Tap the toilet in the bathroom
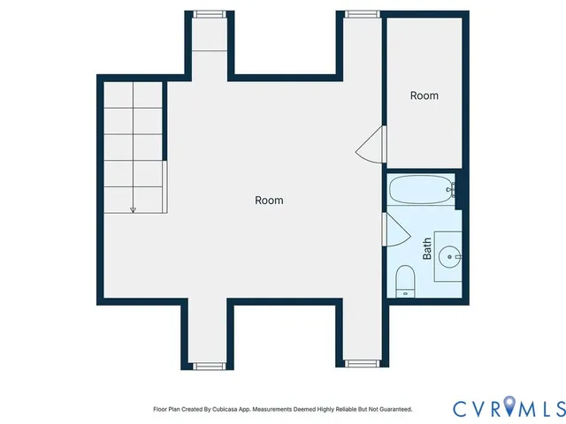click(406, 281)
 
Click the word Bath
click(427, 247)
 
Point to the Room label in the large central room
click(269, 201)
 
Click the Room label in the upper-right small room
click(424, 95)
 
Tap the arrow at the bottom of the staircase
click(133, 209)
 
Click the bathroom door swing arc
click(397, 231)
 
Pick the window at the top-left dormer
click(209, 13)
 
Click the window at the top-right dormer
click(358, 13)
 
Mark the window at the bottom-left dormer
click(209, 364)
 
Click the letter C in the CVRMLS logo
click(461, 408)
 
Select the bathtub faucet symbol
click(451, 188)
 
